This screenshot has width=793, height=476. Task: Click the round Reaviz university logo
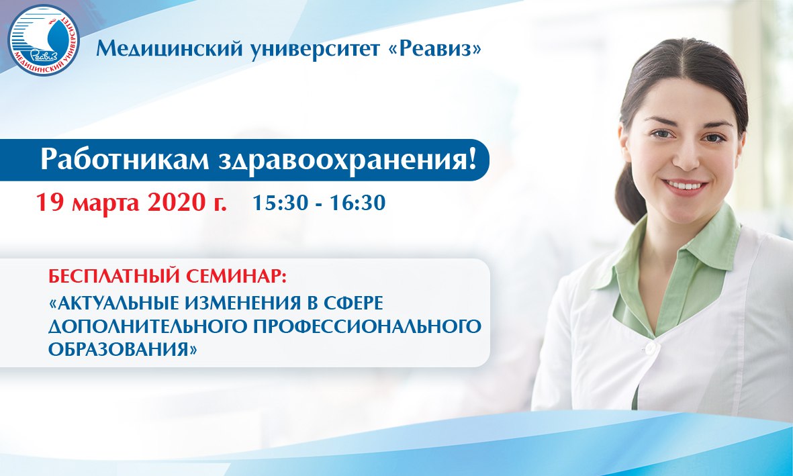point(44,40)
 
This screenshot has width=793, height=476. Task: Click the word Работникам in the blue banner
point(124,160)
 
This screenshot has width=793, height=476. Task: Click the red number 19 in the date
point(50,202)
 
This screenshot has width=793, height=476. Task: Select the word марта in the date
point(105,203)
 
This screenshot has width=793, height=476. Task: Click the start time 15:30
point(280,202)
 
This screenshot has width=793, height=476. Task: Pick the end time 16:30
point(358,202)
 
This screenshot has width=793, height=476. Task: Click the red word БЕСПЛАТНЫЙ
point(114,276)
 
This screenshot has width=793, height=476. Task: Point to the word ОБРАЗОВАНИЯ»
point(122,349)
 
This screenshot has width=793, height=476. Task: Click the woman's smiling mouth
point(685,187)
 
